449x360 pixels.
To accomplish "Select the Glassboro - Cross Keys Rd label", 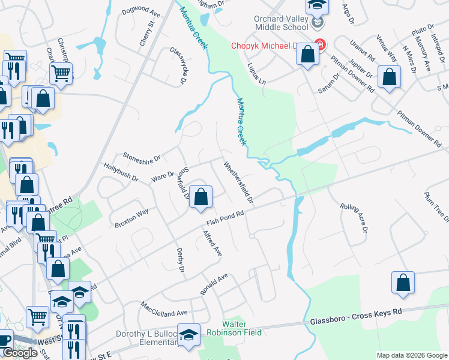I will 355,317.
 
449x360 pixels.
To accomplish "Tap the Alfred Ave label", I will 212,244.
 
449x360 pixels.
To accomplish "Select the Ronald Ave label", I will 215,284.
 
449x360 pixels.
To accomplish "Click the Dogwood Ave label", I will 141,13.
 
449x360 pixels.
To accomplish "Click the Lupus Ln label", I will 255,74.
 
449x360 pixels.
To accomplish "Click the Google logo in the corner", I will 20,353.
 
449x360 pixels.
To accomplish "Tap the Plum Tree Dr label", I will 435,206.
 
